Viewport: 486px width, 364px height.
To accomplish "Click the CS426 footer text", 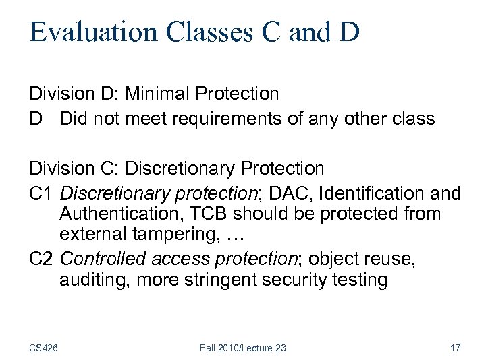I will [x=43, y=348].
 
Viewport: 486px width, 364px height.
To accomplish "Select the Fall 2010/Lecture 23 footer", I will [x=242, y=348].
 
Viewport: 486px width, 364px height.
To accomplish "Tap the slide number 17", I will [x=454, y=348].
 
